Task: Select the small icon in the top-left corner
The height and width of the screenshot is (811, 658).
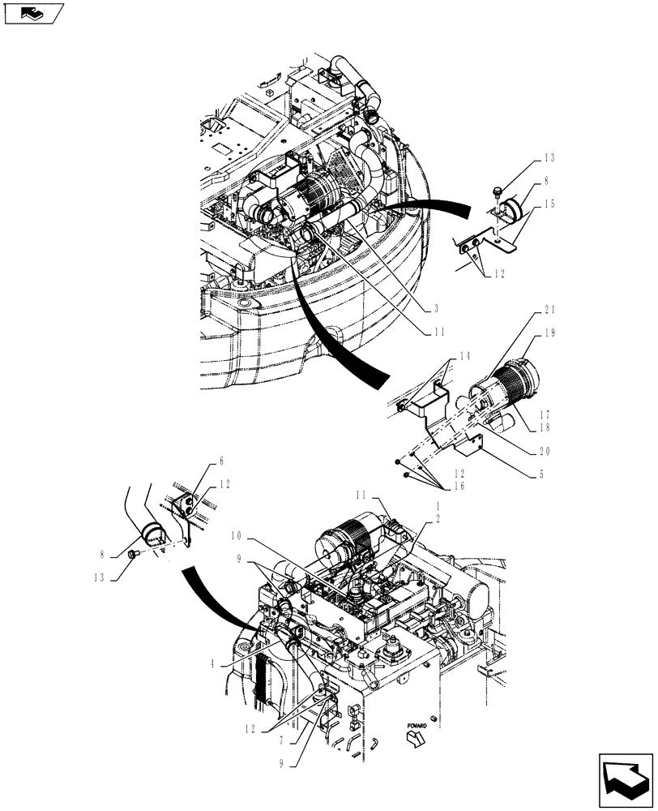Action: (32, 14)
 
